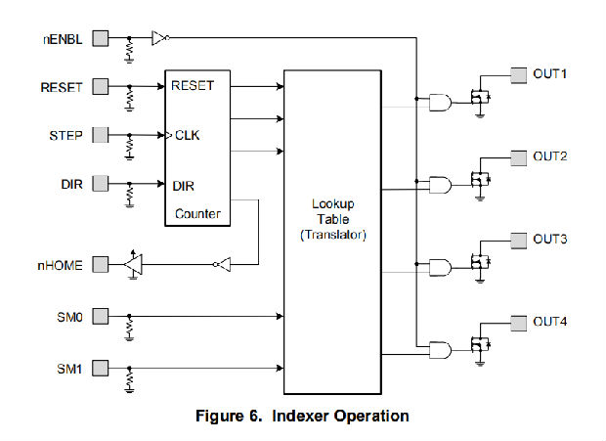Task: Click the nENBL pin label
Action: [x=61, y=39]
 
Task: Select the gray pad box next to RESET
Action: [x=100, y=86]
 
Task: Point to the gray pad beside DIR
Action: [x=100, y=183]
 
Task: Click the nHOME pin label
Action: [x=62, y=264]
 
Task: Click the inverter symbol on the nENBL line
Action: [x=160, y=39]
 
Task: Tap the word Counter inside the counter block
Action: [x=197, y=213]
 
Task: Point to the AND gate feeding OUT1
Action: [x=441, y=101]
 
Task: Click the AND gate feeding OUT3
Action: [x=441, y=266]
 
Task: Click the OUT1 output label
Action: [x=549, y=73]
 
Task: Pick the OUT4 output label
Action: [x=549, y=322]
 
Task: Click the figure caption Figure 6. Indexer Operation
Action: [x=303, y=417]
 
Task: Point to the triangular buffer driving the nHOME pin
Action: [x=134, y=264]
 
